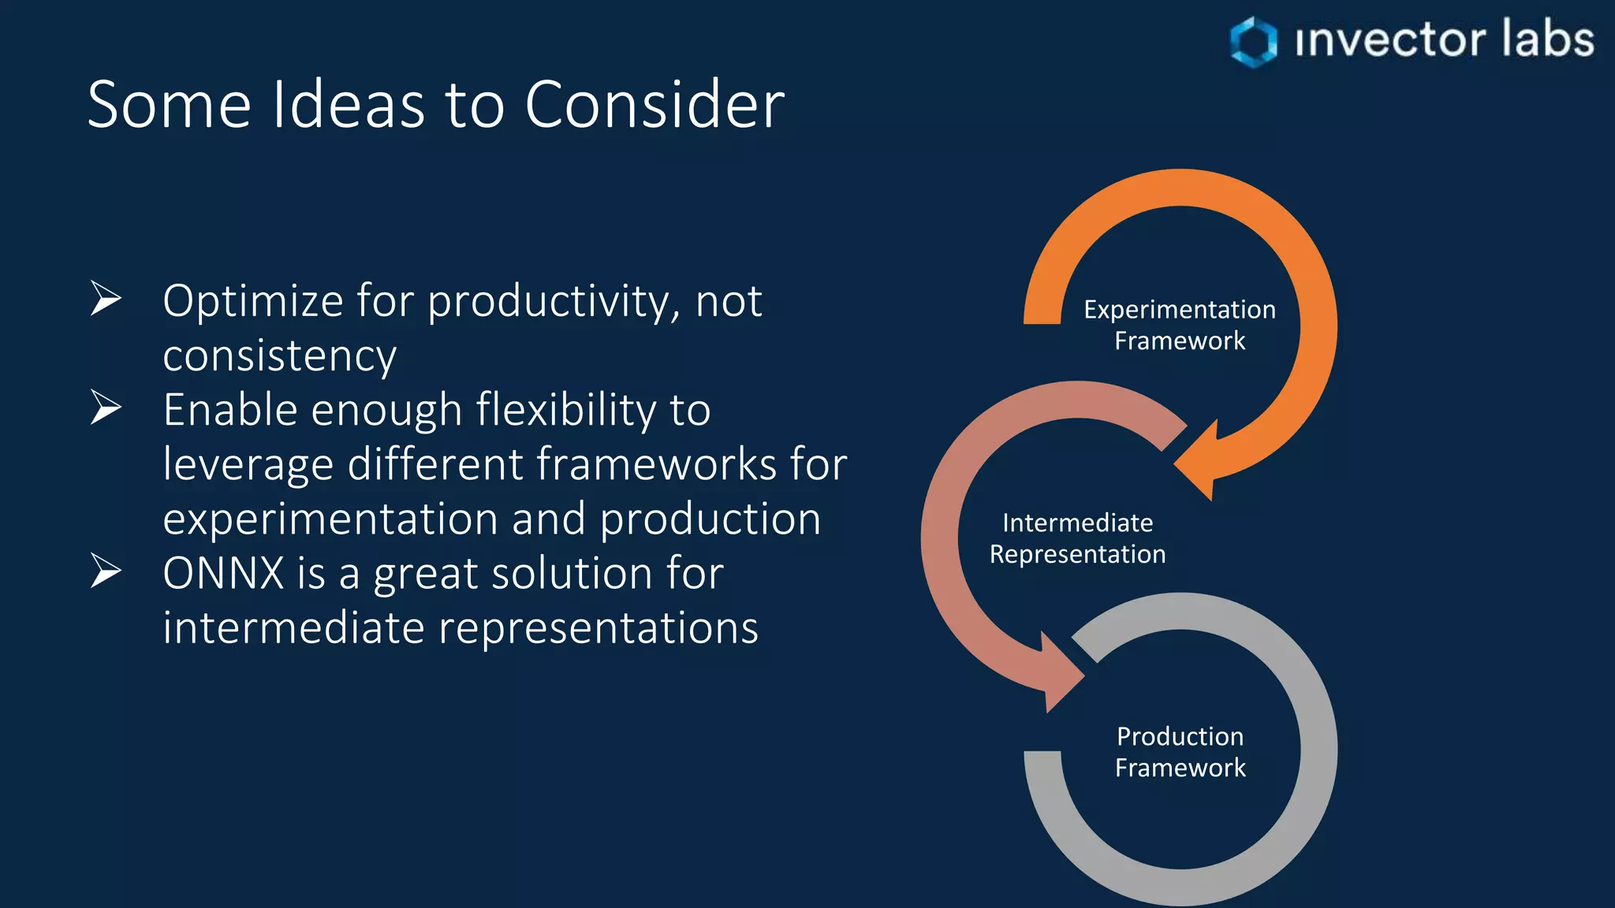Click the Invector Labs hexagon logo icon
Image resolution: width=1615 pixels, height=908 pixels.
pyautogui.click(x=1253, y=41)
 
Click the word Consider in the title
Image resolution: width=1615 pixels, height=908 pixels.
pyautogui.click(x=655, y=105)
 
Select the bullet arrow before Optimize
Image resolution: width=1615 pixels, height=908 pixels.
pyautogui.click(x=106, y=299)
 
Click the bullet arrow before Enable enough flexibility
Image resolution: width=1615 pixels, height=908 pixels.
pyautogui.click(x=106, y=407)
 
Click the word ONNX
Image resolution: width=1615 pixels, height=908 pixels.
pyautogui.click(x=223, y=573)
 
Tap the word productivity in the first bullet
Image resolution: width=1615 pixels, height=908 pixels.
pyautogui.click(x=550, y=302)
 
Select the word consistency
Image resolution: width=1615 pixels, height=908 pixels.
pyautogui.click(x=279, y=356)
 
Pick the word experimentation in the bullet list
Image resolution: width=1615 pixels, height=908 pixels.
pyautogui.click(x=330, y=519)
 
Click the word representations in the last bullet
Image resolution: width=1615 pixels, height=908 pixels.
pyautogui.click(x=598, y=628)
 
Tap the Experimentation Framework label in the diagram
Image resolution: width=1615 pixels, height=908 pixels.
pyautogui.click(x=1180, y=325)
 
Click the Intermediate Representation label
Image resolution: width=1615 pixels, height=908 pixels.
pyautogui.click(x=1077, y=538)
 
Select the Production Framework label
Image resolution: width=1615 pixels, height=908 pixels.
pyautogui.click(x=1180, y=752)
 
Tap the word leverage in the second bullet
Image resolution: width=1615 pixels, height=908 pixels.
pyautogui.click(x=248, y=465)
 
